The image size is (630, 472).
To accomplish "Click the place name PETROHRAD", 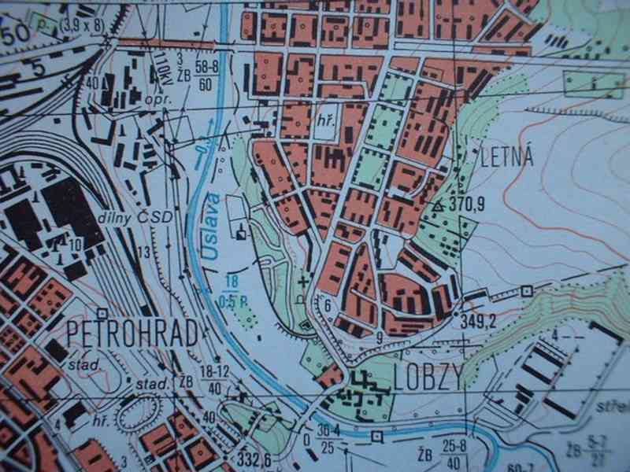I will [132, 334].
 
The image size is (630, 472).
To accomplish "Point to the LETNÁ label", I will [506, 157].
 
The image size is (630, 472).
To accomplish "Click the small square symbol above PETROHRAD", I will [102, 313].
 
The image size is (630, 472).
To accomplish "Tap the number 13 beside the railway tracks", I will [143, 252].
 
